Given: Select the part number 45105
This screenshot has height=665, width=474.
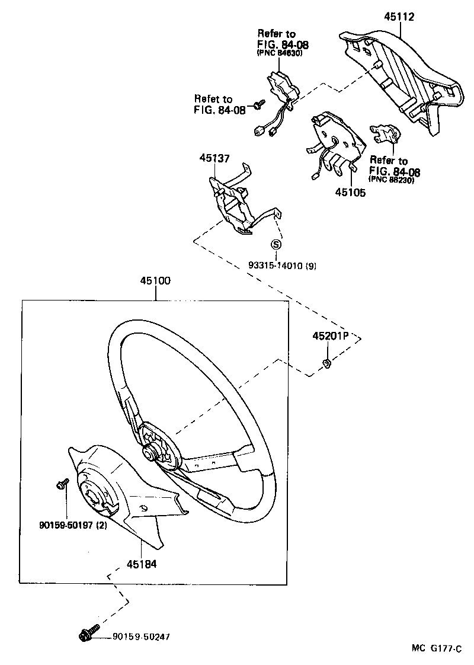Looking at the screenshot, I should [350, 192].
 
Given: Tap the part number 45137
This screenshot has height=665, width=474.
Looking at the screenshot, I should [214, 158].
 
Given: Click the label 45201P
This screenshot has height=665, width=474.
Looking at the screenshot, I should [329, 336].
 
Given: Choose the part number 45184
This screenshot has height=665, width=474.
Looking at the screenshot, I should [141, 564].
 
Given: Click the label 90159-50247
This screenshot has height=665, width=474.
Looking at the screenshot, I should [142, 637].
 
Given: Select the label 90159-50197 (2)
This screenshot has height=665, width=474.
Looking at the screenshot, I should [73, 523].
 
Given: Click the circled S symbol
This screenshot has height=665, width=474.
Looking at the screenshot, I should [276, 244].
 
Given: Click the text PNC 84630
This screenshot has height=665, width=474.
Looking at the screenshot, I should [280, 53].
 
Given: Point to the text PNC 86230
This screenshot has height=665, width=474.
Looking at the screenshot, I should [391, 180].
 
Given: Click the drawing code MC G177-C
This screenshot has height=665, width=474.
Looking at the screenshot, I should [437, 648].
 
